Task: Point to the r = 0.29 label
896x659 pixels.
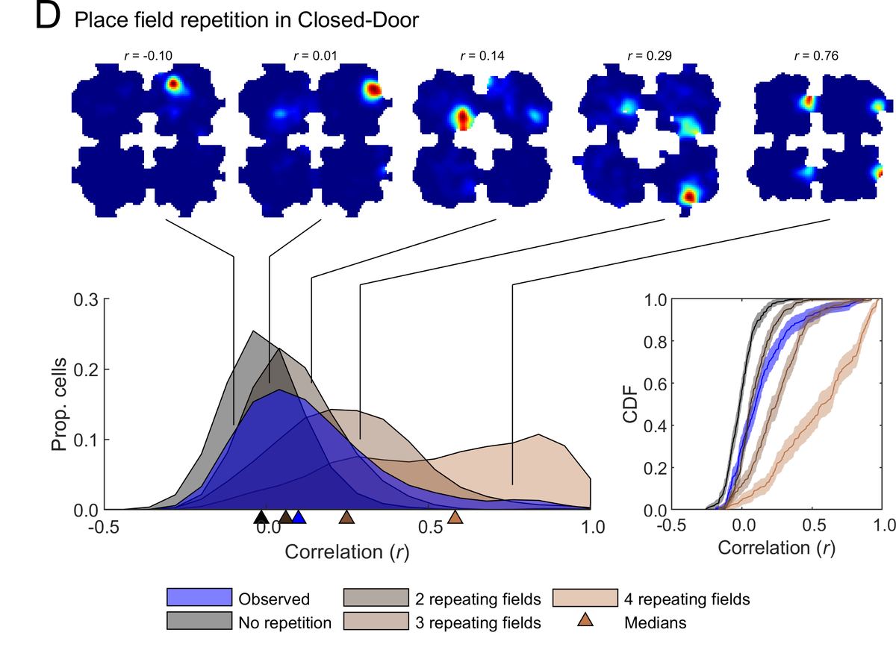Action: point(649,54)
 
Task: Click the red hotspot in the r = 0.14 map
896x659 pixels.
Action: point(463,118)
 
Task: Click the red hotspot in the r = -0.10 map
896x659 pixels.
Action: point(173,84)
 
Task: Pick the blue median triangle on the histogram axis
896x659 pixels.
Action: point(299,517)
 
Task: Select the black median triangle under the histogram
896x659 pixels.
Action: point(261,517)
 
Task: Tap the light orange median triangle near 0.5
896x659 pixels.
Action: point(455,517)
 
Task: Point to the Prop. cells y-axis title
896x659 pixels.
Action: point(61,405)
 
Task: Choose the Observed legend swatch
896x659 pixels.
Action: point(198,598)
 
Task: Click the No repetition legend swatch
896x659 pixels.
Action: point(198,621)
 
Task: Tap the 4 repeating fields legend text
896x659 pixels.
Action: point(685,599)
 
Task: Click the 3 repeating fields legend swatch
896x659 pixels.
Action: point(376,621)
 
